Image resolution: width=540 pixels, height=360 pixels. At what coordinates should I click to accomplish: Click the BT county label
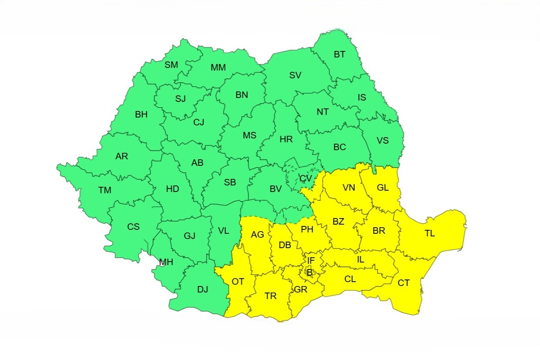pyautogui.click(x=339, y=55)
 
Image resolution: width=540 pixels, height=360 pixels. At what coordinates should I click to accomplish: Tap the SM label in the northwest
pyautogui.click(x=171, y=65)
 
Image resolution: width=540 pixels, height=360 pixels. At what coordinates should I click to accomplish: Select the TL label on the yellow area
pyautogui.click(x=429, y=234)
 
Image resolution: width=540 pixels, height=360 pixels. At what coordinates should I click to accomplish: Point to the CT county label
pyautogui.click(x=404, y=283)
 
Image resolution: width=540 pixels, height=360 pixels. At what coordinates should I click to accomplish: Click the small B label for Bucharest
pyautogui.click(x=309, y=273)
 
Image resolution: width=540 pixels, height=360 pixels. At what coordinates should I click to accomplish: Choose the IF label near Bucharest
pyautogui.click(x=311, y=261)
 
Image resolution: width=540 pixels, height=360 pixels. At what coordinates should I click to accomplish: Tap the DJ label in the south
pyautogui.click(x=202, y=289)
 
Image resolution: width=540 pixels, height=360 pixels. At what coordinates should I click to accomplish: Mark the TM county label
pyautogui.click(x=105, y=190)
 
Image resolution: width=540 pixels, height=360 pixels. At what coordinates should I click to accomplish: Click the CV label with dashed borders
pyautogui.click(x=306, y=178)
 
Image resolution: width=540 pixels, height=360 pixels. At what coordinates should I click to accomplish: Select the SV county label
pyautogui.click(x=295, y=75)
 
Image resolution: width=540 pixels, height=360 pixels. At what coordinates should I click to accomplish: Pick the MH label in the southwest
pyautogui.click(x=166, y=262)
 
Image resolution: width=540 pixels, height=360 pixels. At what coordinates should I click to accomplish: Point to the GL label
pyautogui.click(x=383, y=188)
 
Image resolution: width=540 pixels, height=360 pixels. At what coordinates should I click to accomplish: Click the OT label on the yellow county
pyautogui.click(x=238, y=282)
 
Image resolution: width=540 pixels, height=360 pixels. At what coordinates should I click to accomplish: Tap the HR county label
pyautogui.click(x=286, y=140)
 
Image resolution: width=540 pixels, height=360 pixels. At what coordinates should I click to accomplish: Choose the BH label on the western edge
pyautogui.click(x=141, y=115)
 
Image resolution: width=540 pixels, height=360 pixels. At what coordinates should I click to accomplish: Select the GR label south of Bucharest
pyautogui.click(x=301, y=289)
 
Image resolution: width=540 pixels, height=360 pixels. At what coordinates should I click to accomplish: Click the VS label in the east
pyautogui.click(x=382, y=141)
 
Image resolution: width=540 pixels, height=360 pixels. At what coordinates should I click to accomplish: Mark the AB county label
pyautogui.click(x=197, y=163)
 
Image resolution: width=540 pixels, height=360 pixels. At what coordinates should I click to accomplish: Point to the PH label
pyautogui.click(x=307, y=229)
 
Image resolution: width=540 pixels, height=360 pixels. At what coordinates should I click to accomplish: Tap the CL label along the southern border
pyautogui.click(x=350, y=279)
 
